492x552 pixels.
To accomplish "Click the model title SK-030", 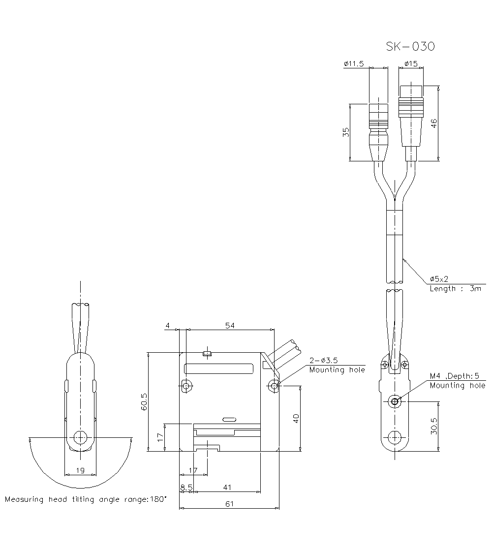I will tap(410, 47).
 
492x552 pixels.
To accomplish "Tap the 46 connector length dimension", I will tap(433, 123).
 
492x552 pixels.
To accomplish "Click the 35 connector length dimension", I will tap(346, 132).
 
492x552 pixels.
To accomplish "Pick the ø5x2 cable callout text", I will tap(439, 278).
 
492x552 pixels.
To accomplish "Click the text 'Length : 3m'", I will tap(455, 289).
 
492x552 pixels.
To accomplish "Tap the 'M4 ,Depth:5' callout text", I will tap(454, 376).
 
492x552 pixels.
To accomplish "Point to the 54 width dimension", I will tap(229, 326).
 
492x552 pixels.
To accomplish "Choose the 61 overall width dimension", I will tap(229, 503).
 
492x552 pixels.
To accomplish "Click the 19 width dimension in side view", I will tap(81, 470).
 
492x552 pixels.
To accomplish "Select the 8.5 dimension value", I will tap(186, 487).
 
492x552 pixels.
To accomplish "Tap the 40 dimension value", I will tap(296, 418).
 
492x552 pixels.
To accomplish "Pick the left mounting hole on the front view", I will tap(186, 386).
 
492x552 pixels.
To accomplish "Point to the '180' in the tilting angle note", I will tap(158, 499).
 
